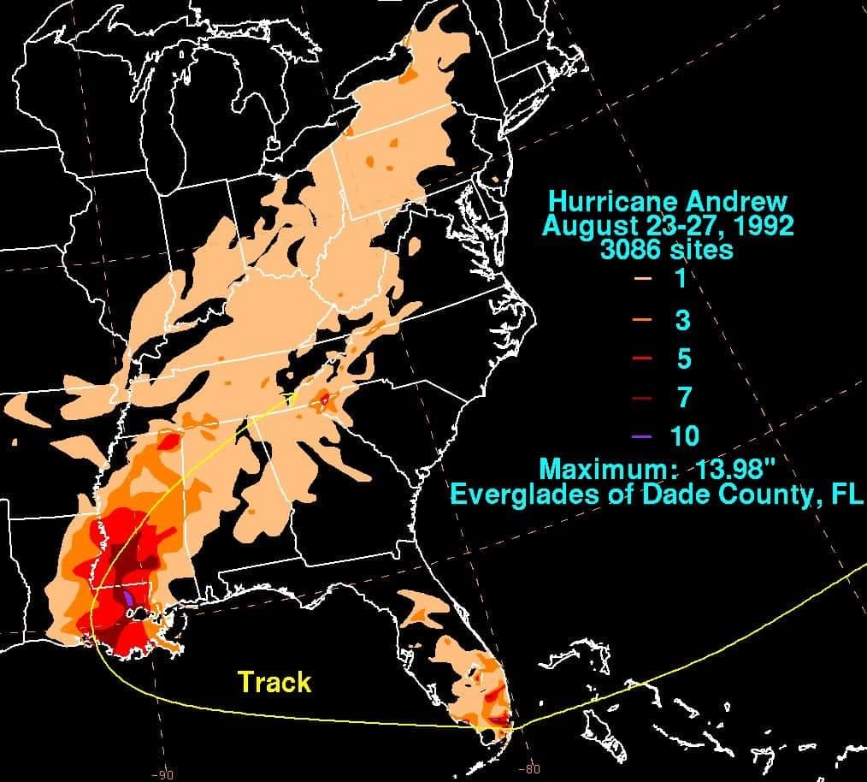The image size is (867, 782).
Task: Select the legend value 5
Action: pos(684,358)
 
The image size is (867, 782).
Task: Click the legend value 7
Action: pos(684,398)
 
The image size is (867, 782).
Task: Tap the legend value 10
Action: pos(685,436)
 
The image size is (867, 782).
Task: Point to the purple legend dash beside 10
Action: pos(642,437)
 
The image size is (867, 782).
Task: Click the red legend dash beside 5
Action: pos(642,358)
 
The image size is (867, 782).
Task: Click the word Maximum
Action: pos(599,469)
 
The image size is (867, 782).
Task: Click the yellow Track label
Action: pos(274,682)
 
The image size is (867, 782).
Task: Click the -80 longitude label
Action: pos(530,769)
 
